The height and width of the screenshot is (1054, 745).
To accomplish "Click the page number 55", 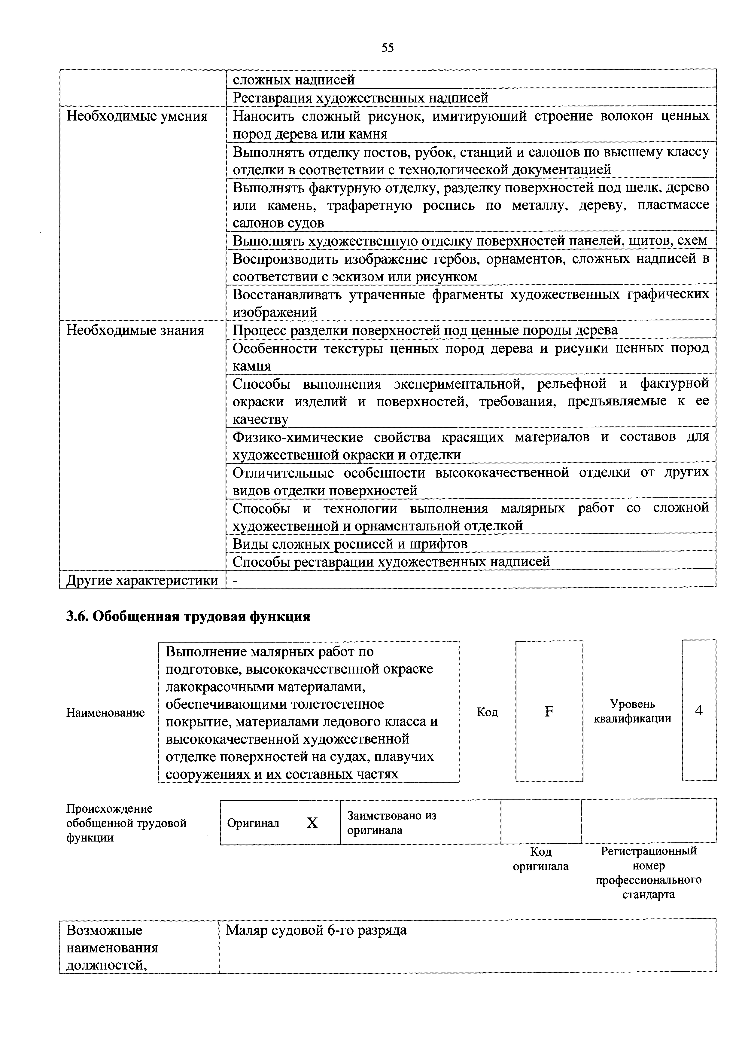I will click(x=387, y=48).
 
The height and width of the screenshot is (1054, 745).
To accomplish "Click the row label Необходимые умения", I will click(x=137, y=116).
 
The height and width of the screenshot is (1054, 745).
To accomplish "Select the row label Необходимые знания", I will click(x=135, y=331).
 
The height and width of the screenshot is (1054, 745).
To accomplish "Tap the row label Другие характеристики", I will click(x=142, y=580).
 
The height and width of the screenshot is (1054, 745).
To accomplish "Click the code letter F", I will click(x=549, y=712).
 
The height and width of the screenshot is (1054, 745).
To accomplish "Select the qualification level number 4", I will click(x=699, y=710).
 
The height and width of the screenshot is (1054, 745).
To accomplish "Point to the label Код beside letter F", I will click(x=487, y=712).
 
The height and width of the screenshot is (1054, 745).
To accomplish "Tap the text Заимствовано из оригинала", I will click(x=392, y=823).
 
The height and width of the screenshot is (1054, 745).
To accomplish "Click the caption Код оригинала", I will click(x=540, y=859).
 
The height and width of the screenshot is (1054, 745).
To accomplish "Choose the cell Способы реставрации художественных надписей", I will click(x=391, y=561).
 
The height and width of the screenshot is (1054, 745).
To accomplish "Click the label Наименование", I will click(x=105, y=713).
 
